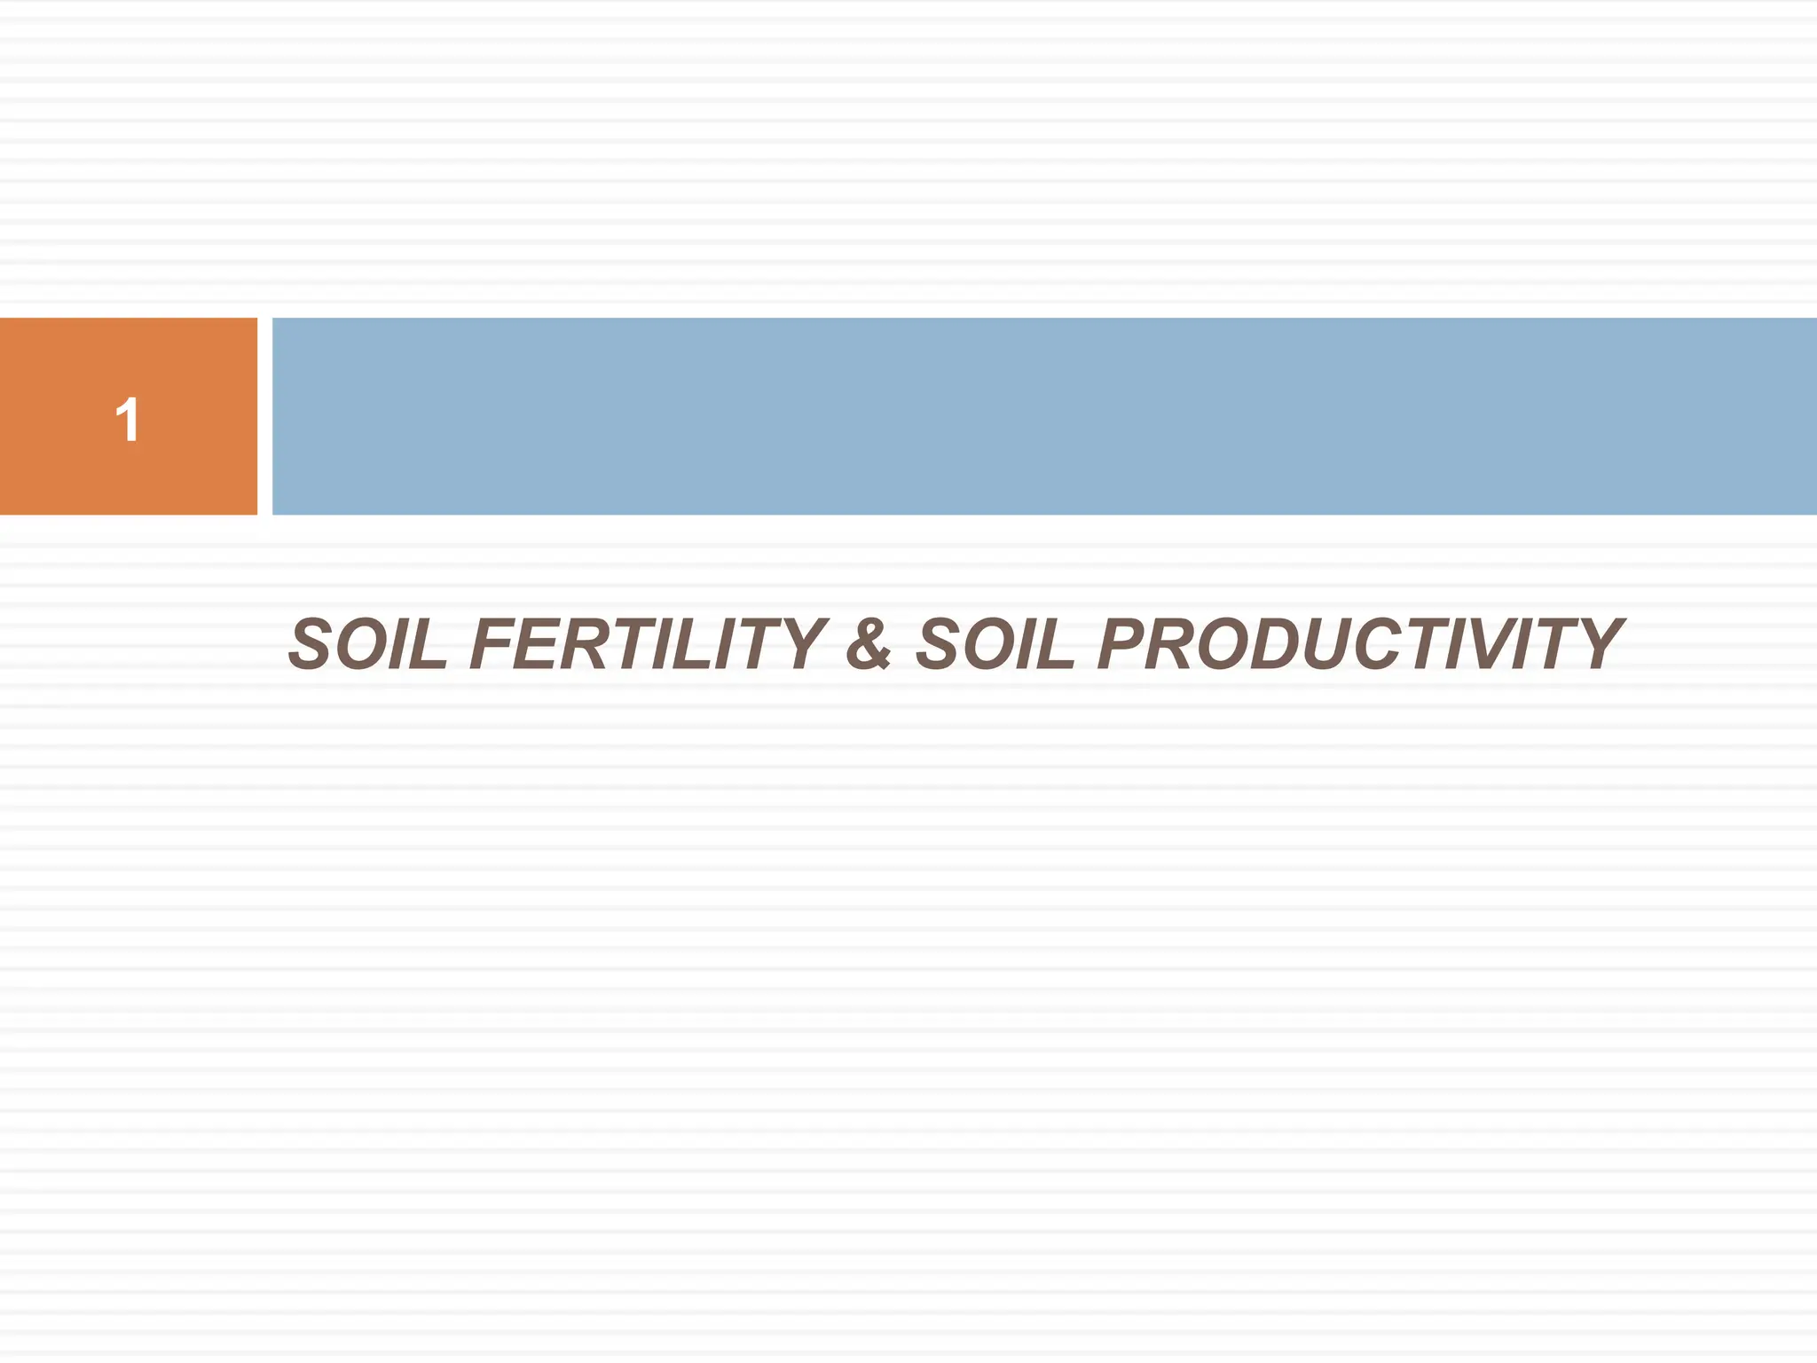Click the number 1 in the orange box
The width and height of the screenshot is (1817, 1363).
click(128, 419)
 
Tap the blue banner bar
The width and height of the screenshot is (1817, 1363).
click(1043, 415)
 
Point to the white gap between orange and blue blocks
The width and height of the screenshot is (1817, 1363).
click(264, 415)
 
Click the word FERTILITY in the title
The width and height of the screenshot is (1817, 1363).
click(648, 644)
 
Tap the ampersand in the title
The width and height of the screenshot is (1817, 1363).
click(869, 644)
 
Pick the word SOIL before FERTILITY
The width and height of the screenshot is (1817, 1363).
click(368, 644)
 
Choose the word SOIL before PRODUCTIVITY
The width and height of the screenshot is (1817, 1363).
click(995, 644)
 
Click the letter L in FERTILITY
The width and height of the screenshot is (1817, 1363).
click(691, 644)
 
